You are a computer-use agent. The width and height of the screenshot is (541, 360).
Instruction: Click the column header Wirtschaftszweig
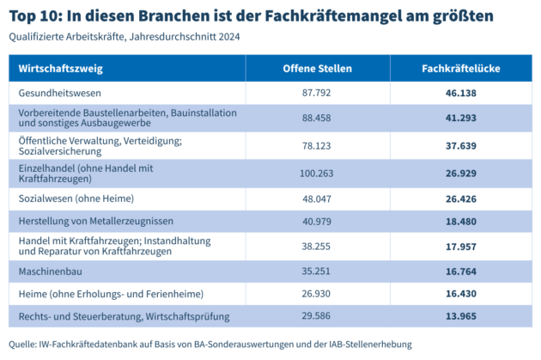[57, 68]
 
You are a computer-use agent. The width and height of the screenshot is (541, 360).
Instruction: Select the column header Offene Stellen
[318, 68]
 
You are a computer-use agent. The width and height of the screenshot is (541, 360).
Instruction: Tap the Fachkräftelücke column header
[461, 68]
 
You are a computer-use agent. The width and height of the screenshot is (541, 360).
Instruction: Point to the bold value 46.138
[461, 93]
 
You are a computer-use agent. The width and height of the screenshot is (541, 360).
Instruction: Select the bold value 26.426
[461, 198]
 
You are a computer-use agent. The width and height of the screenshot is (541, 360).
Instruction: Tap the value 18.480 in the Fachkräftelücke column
[461, 222]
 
